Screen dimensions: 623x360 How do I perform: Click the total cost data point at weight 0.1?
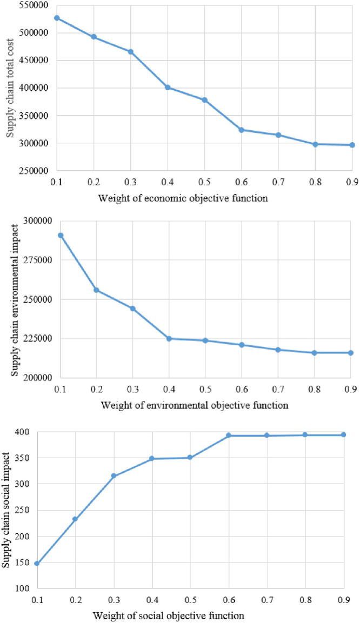(57, 18)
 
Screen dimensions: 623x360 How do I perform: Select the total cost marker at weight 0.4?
(168, 87)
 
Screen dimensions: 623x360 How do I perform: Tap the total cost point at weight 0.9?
(352, 145)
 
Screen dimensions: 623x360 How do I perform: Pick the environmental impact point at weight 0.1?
(61, 235)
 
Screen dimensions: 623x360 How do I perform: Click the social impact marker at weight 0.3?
(114, 475)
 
